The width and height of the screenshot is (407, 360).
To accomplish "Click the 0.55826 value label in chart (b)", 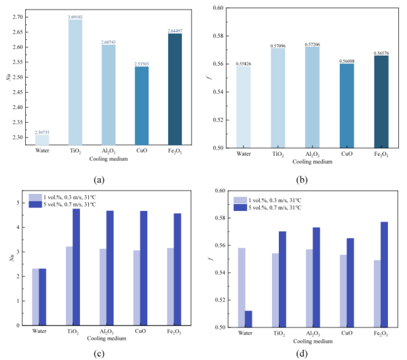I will (244, 62).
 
